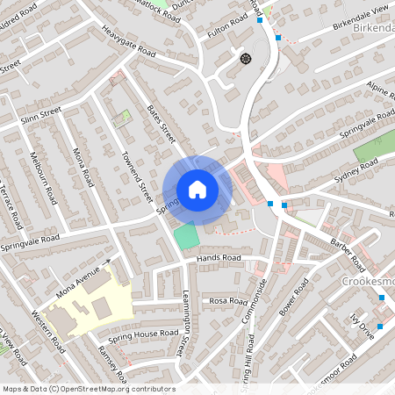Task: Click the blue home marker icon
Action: pos(197,190)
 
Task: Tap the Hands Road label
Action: pos(219,258)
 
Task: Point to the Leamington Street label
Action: pos(185,325)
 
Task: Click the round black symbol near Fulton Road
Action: pos(245,58)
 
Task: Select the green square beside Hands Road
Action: pos(186,236)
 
